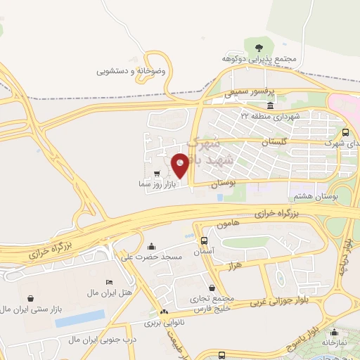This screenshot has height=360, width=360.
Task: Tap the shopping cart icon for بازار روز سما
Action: point(156,172)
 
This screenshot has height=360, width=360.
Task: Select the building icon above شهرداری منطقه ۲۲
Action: point(271,105)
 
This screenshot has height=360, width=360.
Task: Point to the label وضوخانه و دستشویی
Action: point(131,72)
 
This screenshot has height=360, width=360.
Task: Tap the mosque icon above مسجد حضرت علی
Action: point(152,246)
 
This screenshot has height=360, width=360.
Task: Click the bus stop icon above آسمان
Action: point(204,240)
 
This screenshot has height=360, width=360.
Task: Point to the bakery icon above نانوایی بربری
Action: point(165,312)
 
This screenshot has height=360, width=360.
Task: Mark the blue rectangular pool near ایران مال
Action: point(80,318)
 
